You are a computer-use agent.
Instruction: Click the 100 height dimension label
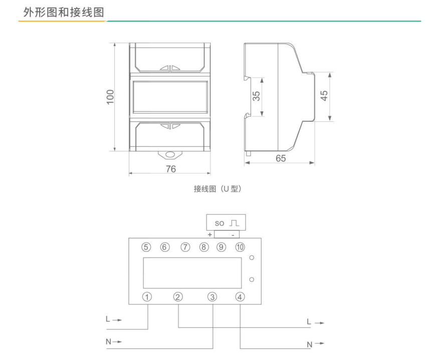click(110, 97)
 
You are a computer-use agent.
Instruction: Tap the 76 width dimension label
click(170, 169)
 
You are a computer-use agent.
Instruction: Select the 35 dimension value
click(256, 96)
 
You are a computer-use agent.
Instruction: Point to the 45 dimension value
click(324, 96)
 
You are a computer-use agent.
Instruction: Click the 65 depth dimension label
click(281, 158)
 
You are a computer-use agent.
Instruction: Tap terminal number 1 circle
click(147, 297)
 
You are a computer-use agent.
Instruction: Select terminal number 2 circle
click(178, 297)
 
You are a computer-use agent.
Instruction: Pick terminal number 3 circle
click(212, 297)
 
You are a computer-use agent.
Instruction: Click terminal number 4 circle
click(240, 297)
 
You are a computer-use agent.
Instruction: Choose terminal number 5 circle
click(146, 247)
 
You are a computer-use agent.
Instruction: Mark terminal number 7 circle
click(185, 247)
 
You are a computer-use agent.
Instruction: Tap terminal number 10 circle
click(240, 247)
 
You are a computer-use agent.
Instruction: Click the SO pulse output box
click(226, 223)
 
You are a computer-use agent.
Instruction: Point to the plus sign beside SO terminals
click(210, 235)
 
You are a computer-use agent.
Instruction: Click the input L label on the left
click(108, 319)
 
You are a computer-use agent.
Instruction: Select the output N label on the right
click(310, 344)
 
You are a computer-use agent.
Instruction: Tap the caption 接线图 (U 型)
click(218, 189)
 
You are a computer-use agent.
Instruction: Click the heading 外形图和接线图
click(64, 13)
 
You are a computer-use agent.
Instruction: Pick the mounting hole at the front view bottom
click(170, 155)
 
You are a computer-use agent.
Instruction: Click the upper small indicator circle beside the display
click(252, 258)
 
